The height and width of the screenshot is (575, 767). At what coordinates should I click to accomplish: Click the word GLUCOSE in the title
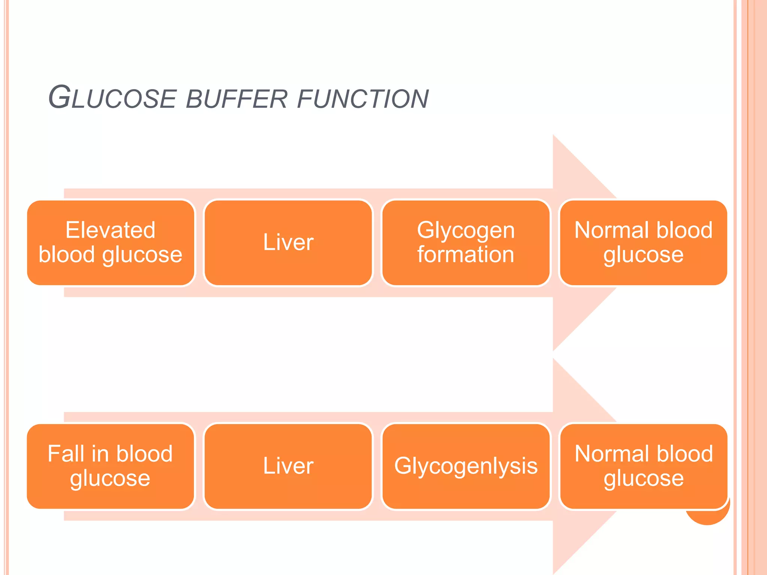[112, 98]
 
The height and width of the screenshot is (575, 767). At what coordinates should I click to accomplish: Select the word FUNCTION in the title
[363, 99]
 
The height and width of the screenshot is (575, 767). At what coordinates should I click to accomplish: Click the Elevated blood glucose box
[111, 243]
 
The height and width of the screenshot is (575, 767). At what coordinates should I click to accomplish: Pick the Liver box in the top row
[288, 243]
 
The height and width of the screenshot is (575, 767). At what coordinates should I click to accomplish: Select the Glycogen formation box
[466, 243]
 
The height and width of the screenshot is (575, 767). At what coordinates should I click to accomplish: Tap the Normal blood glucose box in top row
[643, 243]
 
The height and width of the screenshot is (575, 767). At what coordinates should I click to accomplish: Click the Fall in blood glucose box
[111, 466]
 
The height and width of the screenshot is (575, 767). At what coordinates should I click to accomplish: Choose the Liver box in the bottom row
[288, 466]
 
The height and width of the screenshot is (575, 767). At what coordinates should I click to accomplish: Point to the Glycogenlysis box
[466, 466]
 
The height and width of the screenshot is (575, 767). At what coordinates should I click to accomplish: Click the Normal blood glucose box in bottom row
[643, 466]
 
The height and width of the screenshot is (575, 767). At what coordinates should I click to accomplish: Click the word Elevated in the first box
[110, 230]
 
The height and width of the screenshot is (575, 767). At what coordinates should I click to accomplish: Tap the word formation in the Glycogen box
[466, 255]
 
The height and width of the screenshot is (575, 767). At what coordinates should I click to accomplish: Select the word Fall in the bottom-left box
[66, 454]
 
